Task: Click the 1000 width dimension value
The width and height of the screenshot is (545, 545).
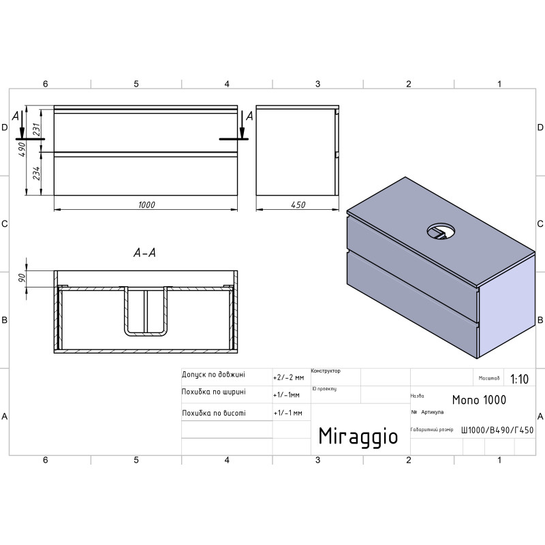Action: pyautogui.click(x=146, y=204)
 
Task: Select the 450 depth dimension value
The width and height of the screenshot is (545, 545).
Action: pyautogui.click(x=298, y=204)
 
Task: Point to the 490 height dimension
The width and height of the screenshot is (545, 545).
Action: pyautogui.click(x=21, y=149)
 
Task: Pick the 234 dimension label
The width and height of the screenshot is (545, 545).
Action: pyautogui.click(x=37, y=176)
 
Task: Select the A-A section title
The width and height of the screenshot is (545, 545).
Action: pyautogui.click(x=145, y=253)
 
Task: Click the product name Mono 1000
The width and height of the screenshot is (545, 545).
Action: pyautogui.click(x=479, y=400)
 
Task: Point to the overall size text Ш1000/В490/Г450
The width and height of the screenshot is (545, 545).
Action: pyautogui.click(x=497, y=430)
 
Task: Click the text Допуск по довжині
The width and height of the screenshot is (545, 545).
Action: pyautogui.click(x=213, y=375)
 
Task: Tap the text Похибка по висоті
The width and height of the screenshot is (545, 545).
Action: pyautogui.click(x=213, y=413)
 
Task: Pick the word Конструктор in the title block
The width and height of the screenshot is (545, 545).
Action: pyautogui.click(x=326, y=371)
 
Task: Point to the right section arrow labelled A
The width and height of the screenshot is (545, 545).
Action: pyautogui.click(x=241, y=125)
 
